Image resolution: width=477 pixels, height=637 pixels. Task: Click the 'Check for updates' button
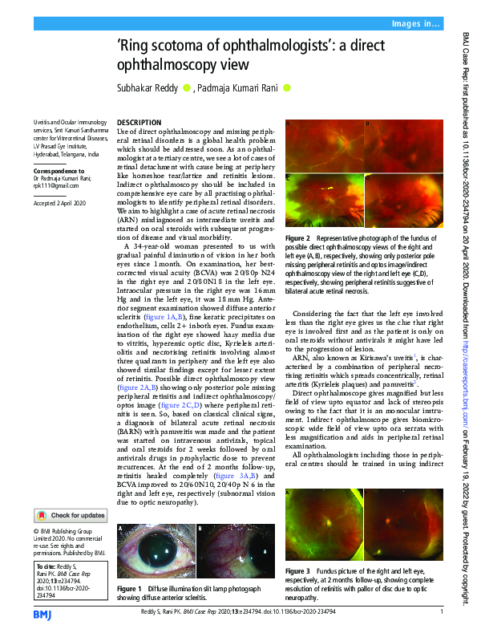[68, 493]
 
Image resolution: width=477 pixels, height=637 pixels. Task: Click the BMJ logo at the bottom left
[42, 614]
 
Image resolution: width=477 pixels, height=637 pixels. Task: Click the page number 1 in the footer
[442, 614]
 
